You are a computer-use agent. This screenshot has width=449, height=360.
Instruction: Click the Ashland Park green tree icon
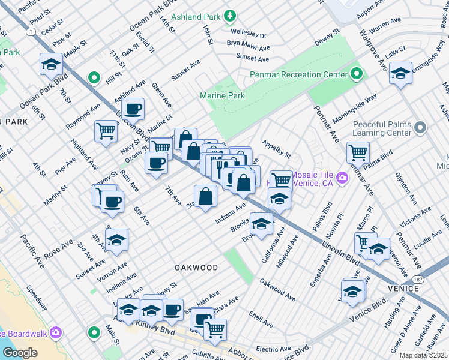coord(229,14)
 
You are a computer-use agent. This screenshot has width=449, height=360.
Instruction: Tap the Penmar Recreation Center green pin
coord(357,74)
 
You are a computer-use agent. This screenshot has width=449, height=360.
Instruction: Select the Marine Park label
coord(222,95)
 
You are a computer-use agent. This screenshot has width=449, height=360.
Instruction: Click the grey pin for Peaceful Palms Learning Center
coord(420,127)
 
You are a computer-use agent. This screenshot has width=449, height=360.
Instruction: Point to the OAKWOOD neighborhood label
coord(196,266)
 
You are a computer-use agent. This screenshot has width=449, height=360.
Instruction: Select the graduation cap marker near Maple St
coord(52,64)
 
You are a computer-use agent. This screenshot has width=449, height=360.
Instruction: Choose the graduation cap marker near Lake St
coord(400,73)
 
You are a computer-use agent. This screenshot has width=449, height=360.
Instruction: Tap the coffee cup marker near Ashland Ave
coord(133,109)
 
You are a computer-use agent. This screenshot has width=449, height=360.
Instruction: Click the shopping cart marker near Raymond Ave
coord(106,131)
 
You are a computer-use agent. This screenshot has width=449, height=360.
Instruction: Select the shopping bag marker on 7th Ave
coord(205,196)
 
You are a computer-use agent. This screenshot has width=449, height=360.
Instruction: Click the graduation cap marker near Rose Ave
coord(116,240)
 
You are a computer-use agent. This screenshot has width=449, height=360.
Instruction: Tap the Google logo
coord(19,352)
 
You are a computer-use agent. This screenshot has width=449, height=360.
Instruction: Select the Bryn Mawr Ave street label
coord(248,43)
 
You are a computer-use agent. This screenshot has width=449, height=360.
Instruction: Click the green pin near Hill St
coord(94,77)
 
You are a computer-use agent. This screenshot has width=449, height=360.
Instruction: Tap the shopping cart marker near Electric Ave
coord(215,328)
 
